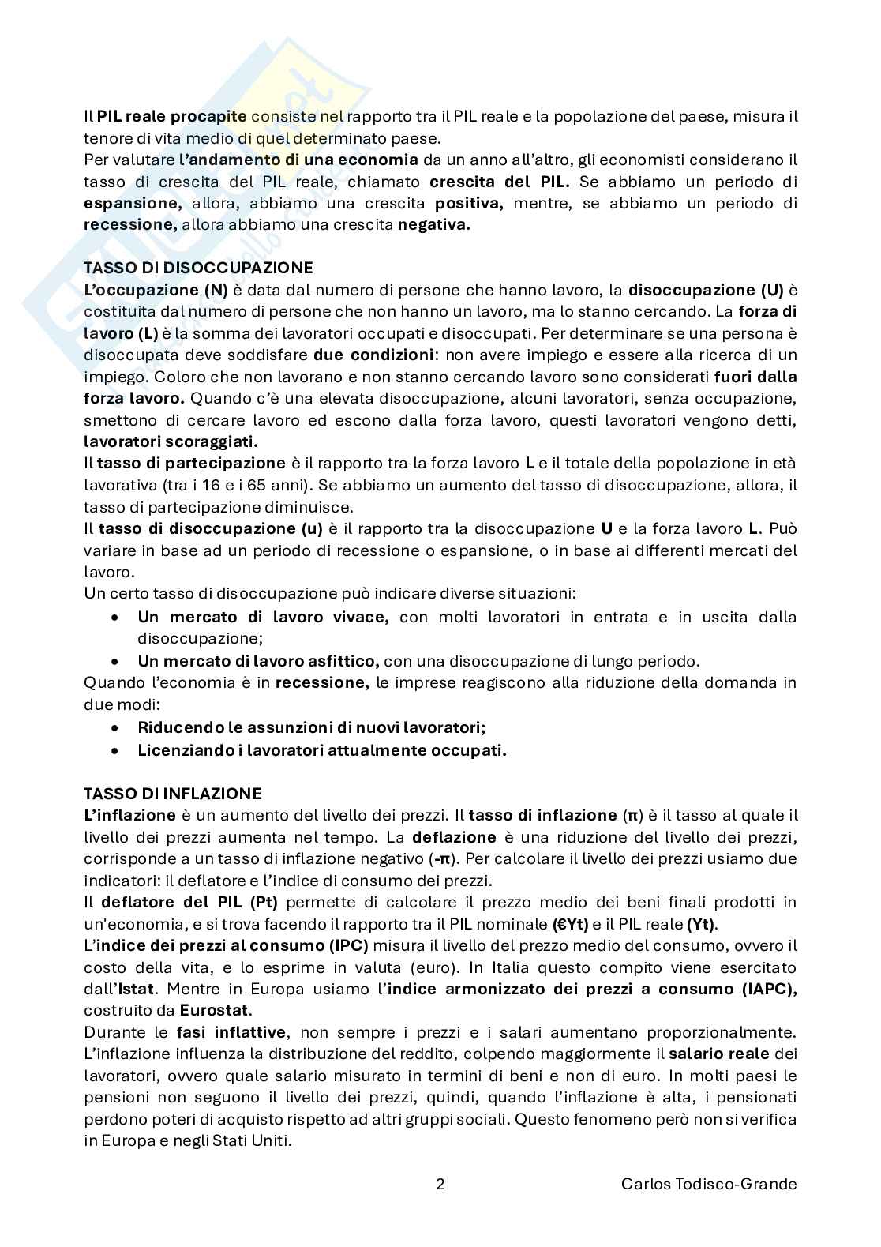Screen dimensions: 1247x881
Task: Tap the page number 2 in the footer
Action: (x=440, y=1184)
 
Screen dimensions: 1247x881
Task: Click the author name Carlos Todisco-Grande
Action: (x=709, y=1184)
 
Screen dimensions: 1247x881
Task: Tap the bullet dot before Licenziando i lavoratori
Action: (x=116, y=750)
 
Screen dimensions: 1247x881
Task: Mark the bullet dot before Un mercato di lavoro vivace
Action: (x=116, y=617)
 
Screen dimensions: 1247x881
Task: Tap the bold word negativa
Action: (x=433, y=225)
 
